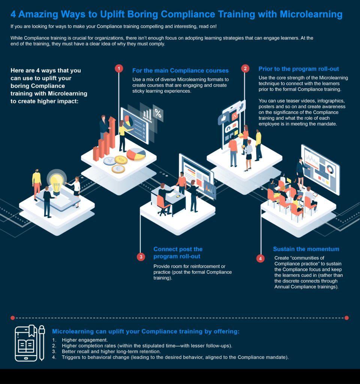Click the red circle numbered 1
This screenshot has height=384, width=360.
tap(119, 68)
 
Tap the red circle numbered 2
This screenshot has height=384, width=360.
tap(245, 68)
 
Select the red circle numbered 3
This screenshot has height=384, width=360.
tap(141, 257)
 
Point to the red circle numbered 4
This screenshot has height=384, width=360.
tap(261, 258)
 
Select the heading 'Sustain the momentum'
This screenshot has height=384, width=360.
tap(306, 249)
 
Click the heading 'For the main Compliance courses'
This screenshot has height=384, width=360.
tap(180, 70)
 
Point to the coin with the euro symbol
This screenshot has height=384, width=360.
tap(118, 169)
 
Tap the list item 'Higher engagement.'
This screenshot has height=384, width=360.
tap(79, 340)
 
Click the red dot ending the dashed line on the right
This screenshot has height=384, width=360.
tap(346, 318)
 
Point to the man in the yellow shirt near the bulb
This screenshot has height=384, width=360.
tap(36, 182)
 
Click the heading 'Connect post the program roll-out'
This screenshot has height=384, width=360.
tap(178, 252)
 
